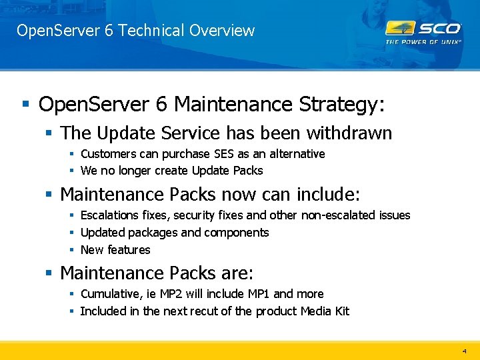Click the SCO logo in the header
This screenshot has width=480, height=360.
(423, 28)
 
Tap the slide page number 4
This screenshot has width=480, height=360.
(465, 350)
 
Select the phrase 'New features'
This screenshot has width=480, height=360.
(115, 250)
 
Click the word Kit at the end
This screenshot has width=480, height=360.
(341, 311)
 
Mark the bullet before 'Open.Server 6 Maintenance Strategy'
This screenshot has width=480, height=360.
(25, 105)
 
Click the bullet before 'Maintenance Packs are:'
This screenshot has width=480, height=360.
(48, 273)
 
